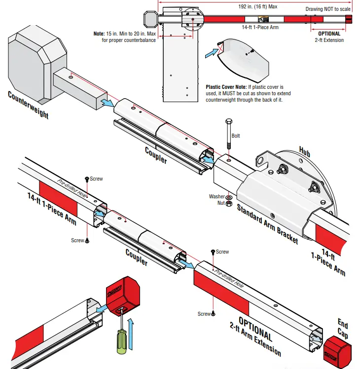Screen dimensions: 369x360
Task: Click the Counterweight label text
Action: [x=28, y=105]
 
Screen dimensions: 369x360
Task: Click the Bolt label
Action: [x=236, y=136]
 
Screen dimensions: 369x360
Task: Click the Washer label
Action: [x=217, y=196]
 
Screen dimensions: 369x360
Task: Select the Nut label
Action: [x=220, y=203]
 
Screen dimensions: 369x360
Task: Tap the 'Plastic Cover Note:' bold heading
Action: [x=227, y=87]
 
